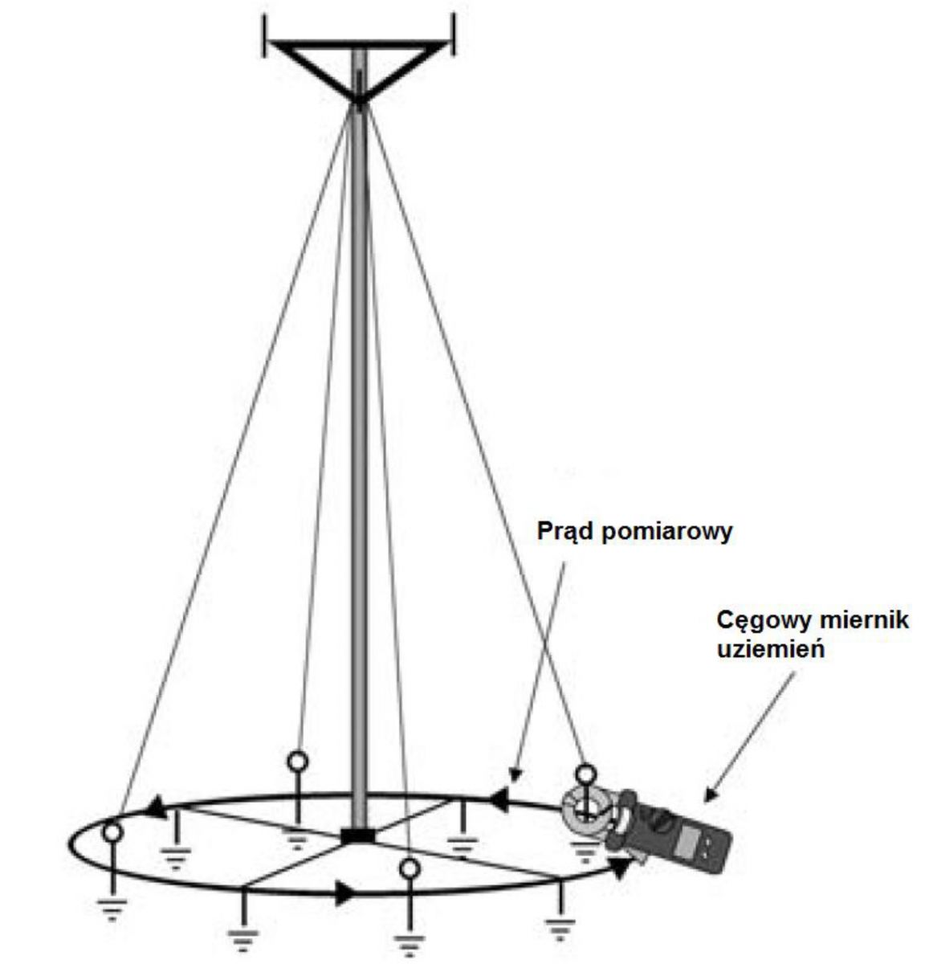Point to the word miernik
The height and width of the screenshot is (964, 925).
click(x=860, y=620)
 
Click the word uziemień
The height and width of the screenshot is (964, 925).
click(x=771, y=649)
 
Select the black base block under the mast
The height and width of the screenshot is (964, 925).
click(x=358, y=836)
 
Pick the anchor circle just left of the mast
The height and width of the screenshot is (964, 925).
click(x=298, y=761)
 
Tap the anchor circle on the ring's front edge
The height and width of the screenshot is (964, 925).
click(x=410, y=868)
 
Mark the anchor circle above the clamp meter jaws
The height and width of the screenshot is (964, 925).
click(x=586, y=774)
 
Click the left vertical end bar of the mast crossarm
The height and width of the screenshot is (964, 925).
click(x=266, y=35)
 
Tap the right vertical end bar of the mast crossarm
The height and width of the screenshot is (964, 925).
click(x=453, y=35)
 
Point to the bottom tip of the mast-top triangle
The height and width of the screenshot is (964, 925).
click(x=358, y=103)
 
